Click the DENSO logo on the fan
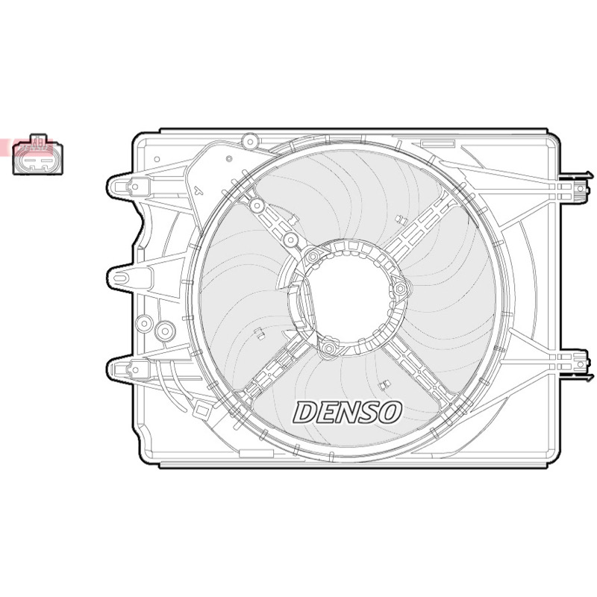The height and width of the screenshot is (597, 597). [x=347, y=413]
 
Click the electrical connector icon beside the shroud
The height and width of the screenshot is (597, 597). [x=38, y=154]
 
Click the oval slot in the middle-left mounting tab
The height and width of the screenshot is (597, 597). [x=119, y=278]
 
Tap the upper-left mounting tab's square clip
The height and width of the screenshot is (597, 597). [x=135, y=187]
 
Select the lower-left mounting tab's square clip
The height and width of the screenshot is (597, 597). [x=135, y=369]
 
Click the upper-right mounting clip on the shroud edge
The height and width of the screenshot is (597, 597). [x=576, y=188]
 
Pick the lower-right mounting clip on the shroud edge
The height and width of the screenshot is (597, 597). [x=576, y=364]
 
